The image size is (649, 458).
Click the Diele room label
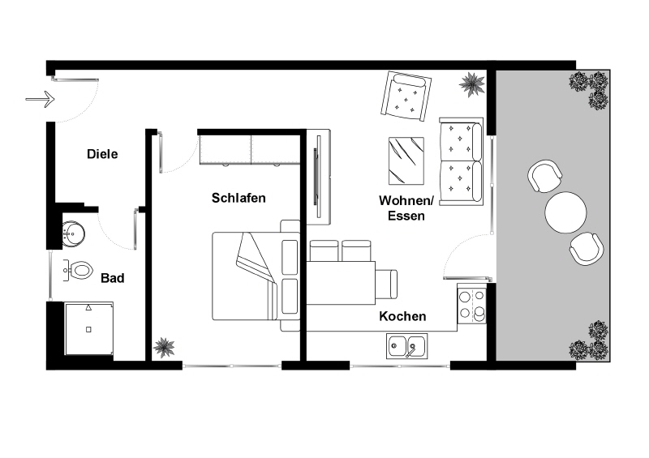[102, 154]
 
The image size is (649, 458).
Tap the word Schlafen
[239, 198]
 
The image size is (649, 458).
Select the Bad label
[112, 278]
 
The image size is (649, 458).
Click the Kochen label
[402, 316]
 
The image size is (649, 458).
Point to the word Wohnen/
[406, 201]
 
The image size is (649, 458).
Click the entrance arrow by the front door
[40, 99]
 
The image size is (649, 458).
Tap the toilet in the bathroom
[78, 271]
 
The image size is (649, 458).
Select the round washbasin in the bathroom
[74, 233]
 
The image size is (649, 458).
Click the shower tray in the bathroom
[88, 328]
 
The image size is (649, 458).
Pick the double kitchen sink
[407, 346]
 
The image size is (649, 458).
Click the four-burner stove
[471, 304]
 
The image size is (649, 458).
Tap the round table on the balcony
[565, 212]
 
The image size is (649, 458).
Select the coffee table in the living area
[406, 161]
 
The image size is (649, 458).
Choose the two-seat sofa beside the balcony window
[461, 161]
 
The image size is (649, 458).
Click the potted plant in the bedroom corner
[164, 347]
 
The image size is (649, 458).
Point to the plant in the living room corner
[472, 84]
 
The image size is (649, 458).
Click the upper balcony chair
[544, 176]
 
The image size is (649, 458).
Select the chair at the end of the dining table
[386, 284]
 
